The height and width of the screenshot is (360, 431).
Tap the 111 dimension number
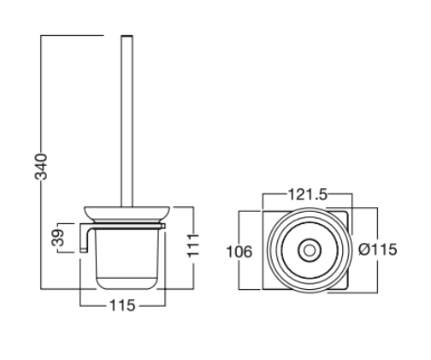tap(196, 247)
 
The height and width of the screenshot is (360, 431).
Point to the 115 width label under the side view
tap(123, 306)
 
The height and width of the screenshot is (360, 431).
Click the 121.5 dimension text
tap(305, 195)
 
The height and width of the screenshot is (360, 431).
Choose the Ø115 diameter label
tap(376, 250)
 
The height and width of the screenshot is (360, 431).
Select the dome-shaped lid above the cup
tap(125, 214)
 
